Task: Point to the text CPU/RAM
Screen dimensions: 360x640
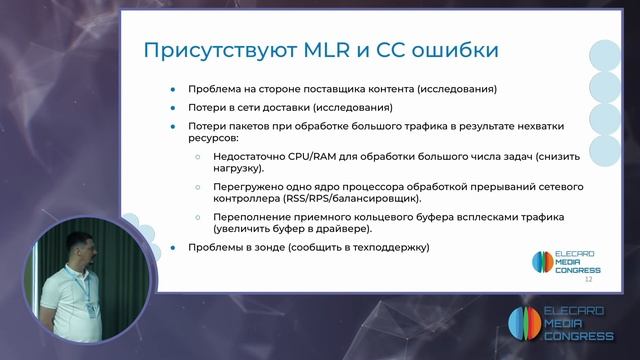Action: point(289,158)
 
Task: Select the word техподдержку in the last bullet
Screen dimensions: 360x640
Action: point(386,247)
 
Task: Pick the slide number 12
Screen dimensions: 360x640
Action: point(588,281)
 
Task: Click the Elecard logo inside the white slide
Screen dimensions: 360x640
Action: point(565,262)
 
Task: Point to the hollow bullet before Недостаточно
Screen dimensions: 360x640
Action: point(197,158)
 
